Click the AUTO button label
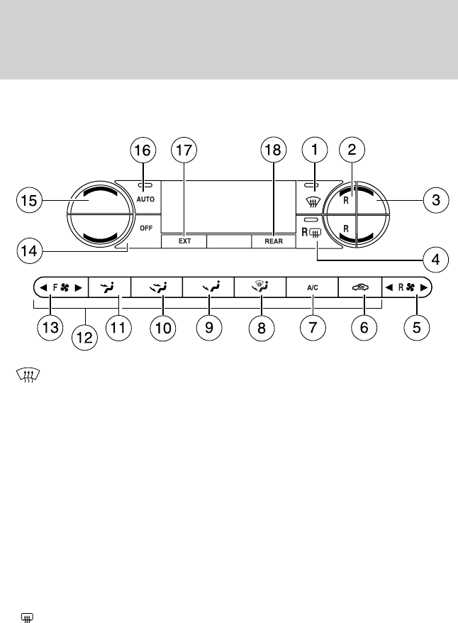(145, 199)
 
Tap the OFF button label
(146, 228)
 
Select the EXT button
(184, 241)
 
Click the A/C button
(313, 287)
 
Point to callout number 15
(29, 200)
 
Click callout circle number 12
(84, 338)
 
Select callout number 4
(436, 260)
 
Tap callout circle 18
(273, 150)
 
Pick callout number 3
(436, 200)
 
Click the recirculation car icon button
(360, 287)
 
